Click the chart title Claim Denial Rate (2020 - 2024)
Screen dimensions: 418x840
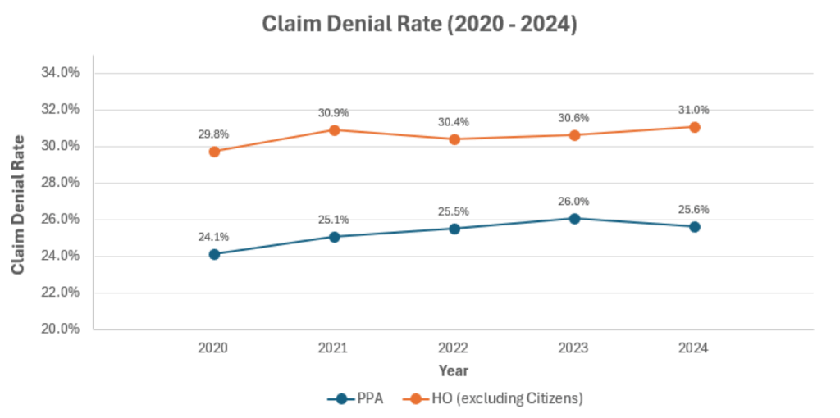point(419,25)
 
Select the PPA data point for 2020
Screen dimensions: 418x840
point(214,254)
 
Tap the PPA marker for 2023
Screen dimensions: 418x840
point(574,218)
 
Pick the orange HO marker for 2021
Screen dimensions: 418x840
point(334,129)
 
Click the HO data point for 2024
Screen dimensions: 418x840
point(694,127)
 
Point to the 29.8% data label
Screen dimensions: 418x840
point(213,134)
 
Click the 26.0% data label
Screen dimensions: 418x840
point(573,201)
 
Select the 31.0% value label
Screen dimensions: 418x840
point(693,110)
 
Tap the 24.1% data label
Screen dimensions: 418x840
point(213,237)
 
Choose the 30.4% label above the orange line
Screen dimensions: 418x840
point(454,122)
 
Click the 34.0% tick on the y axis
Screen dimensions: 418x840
point(60,73)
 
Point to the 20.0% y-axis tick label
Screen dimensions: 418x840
point(60,329)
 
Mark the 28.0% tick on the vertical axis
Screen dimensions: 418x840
point(60,183)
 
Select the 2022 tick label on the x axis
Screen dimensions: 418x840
point(454,348)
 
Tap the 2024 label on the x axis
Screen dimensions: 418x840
point(694,348)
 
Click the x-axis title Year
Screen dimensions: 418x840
point(454,370)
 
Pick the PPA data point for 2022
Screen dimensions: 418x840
point(454,228)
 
